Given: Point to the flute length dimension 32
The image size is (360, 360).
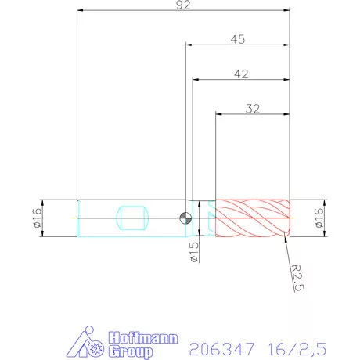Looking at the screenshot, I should coord(252,110).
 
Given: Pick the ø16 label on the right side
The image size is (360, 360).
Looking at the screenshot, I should coord(319,218).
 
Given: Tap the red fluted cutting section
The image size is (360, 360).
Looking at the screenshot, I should coord(252,218).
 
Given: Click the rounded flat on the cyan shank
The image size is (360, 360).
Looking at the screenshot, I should coord(131,217).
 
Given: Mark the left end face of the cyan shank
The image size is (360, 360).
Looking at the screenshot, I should coord(77,218).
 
